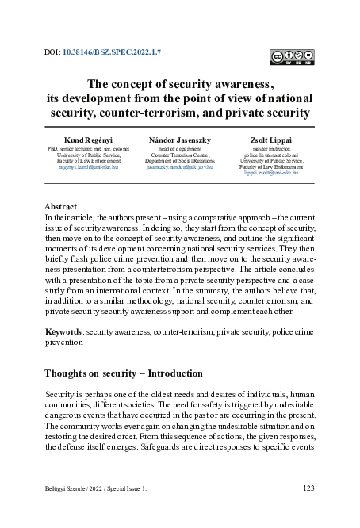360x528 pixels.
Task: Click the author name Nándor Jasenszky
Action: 180,140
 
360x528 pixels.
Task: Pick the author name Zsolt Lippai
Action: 271,140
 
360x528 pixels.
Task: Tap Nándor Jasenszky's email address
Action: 180,169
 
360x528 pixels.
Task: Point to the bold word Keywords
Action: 63,328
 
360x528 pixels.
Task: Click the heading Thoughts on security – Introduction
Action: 124,373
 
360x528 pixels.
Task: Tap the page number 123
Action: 309,489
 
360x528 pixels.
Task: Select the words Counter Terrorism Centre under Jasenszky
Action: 180,155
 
